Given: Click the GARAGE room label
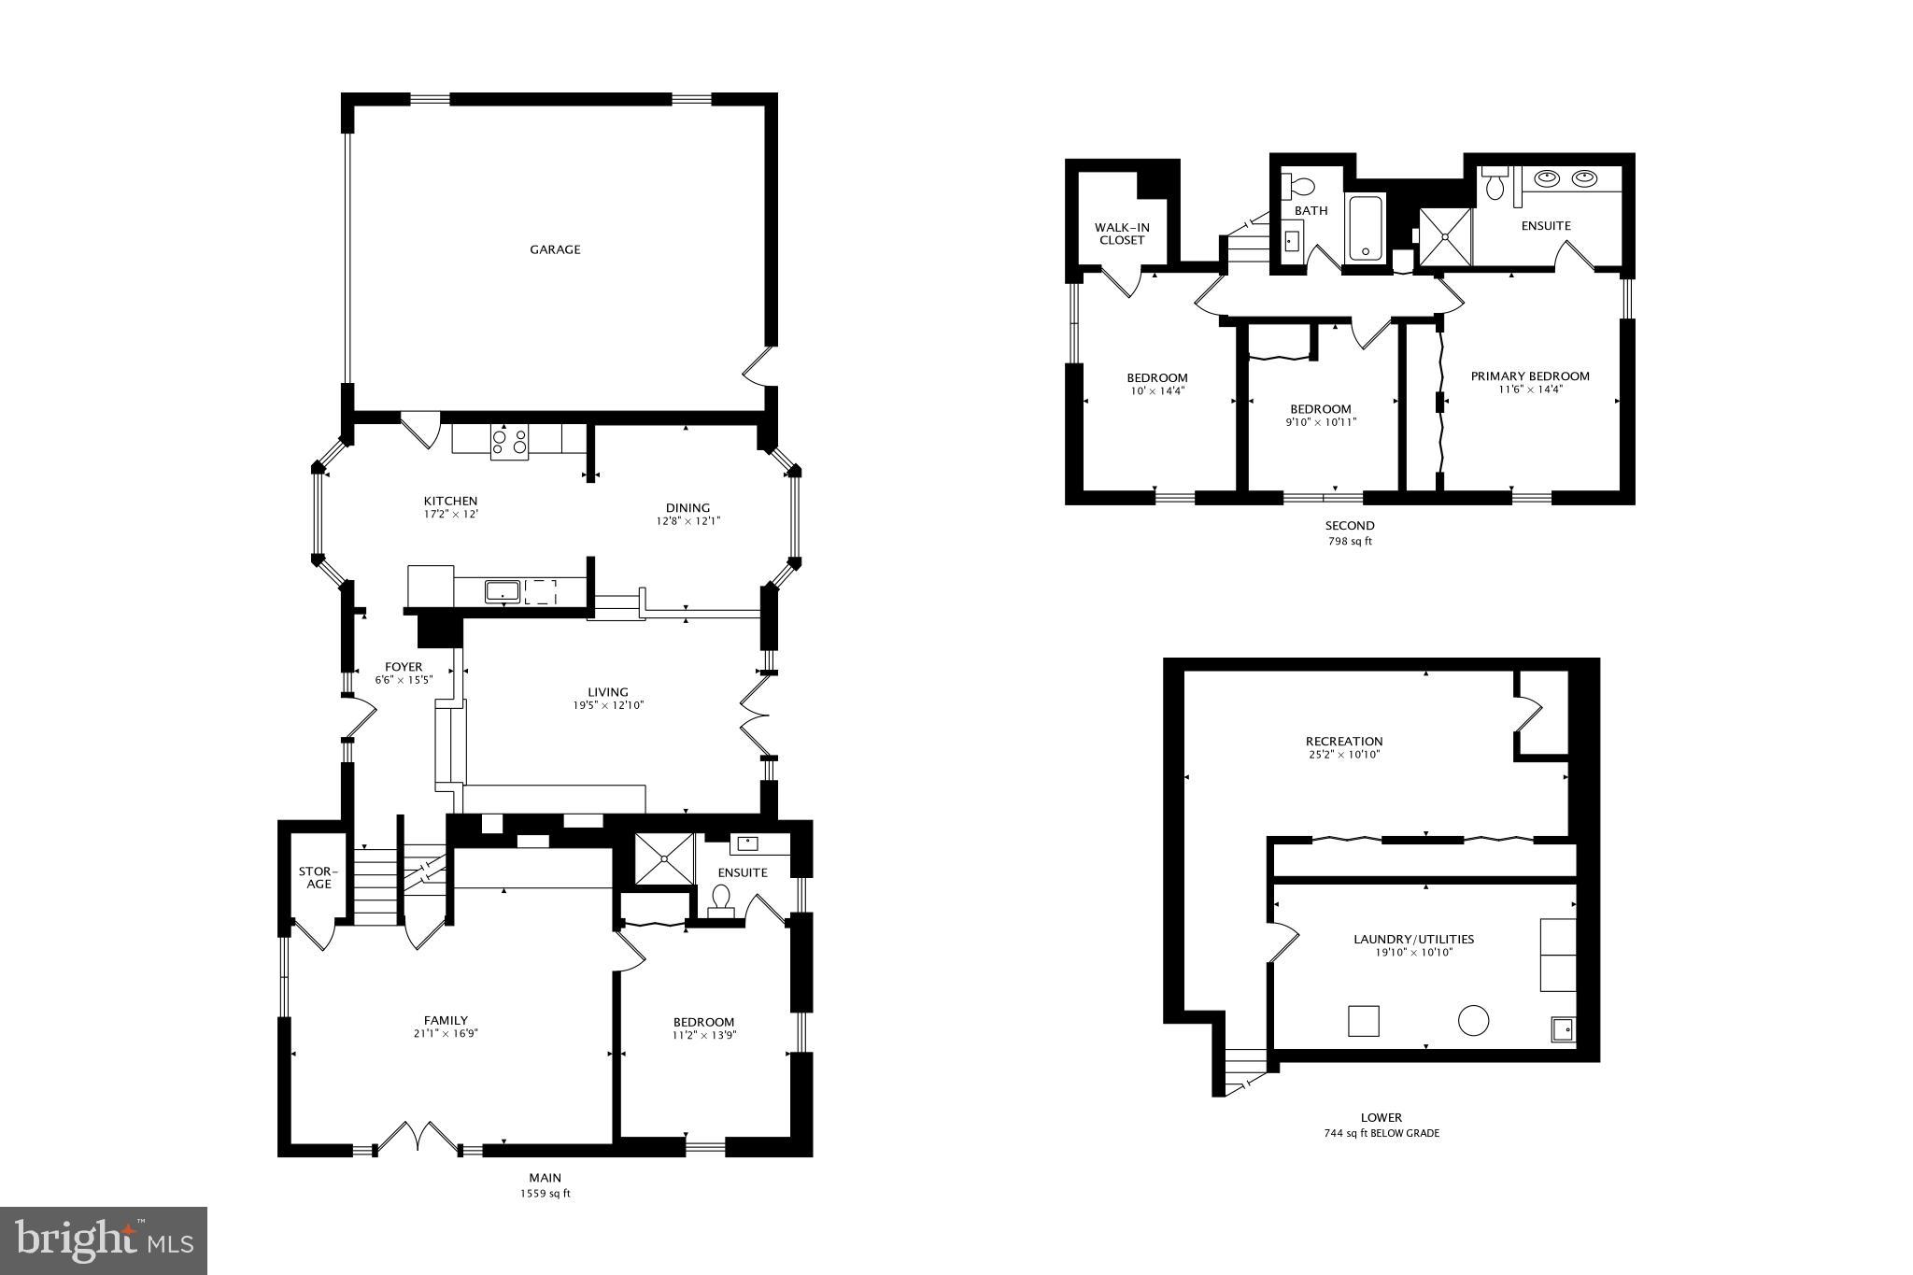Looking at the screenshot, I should [x=555, y=249].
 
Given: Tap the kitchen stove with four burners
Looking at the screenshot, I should [x=509, y=441].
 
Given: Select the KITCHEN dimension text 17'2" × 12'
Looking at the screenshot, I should [x=450, y=514].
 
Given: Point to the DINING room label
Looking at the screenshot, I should [x=687, y=508].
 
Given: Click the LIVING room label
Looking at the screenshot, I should [x=608, y=692].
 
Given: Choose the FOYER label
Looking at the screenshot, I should [x=404, y=667].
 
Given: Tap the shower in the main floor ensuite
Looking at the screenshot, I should [x=664, y=857].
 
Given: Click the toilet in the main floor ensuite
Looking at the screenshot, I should [x=720, y=900].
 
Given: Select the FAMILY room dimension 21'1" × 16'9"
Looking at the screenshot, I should [x=446, y=1033].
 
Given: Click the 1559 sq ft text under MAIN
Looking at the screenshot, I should [x=545, y=1194].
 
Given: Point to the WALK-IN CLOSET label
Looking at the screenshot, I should [x=1122, y=234].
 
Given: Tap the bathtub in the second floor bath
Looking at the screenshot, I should [x=1365, y=228].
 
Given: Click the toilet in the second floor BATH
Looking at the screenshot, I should [x=1299, y=185].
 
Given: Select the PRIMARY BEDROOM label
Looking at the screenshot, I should [x=1530, y=376].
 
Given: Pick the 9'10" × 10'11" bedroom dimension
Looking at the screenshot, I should [x=1321, y=422].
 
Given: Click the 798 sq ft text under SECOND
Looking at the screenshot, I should [x=1350, y=541].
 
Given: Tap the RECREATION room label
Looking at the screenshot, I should [x=1344, y=742].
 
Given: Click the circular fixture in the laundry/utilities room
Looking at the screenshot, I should [x=1473, y=1020].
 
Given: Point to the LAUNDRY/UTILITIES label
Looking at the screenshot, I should [x=1413, y=940].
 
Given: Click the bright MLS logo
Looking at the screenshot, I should [x=104, y=1240].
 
